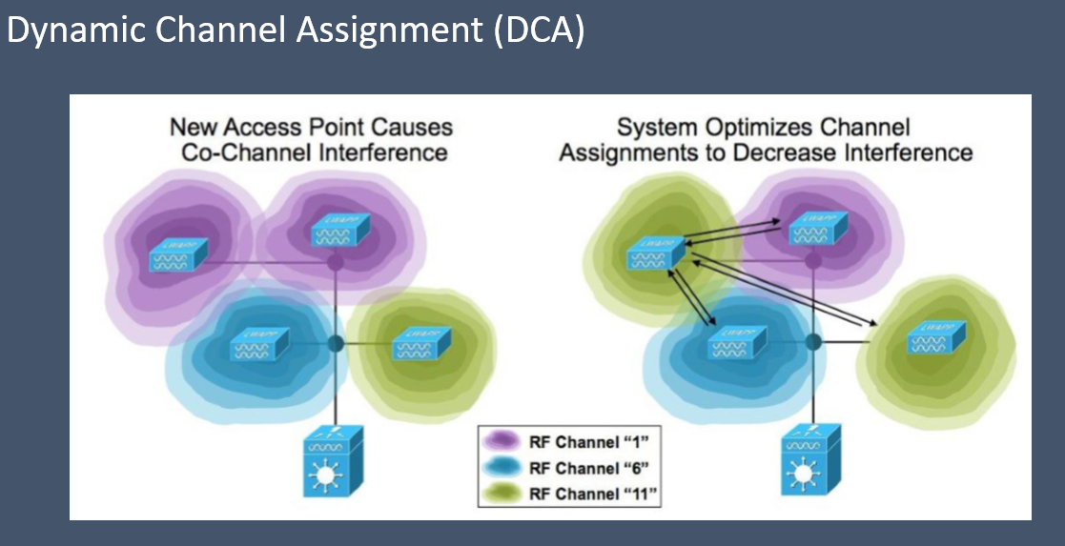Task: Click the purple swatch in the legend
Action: (x=502, y=442)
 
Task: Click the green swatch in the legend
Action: (x=502, y=494)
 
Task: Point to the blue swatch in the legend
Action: (x=502, y=468)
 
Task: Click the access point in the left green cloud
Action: (x=415, y=343)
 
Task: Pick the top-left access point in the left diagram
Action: (x=178, y=254)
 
